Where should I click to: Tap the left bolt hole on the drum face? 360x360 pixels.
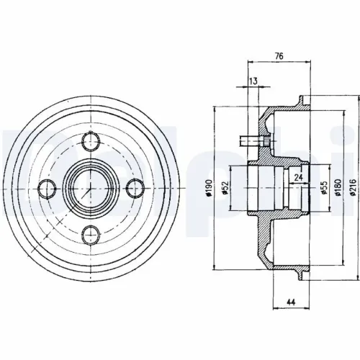coord(45,189)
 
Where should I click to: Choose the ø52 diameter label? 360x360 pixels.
coord(227,188)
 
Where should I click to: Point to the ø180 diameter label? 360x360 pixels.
coord(336,189)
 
